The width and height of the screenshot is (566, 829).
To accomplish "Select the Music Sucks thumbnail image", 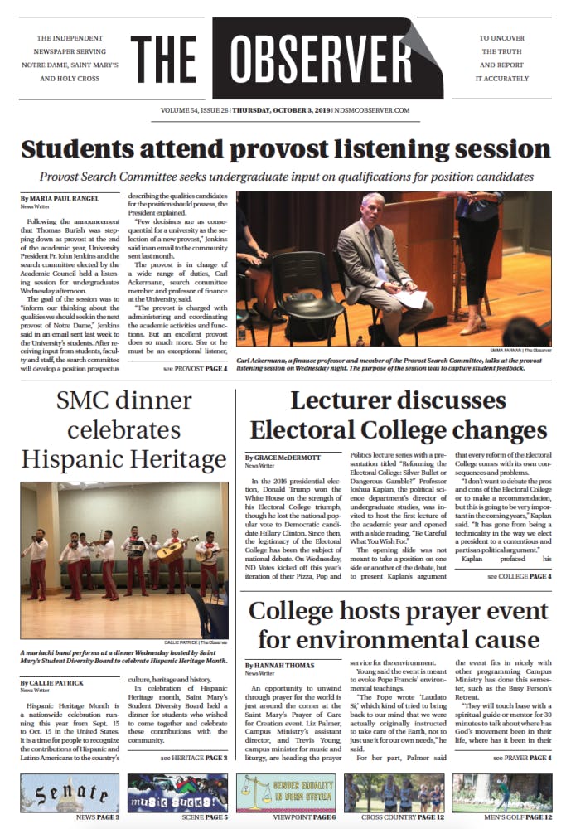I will tap(177, 793).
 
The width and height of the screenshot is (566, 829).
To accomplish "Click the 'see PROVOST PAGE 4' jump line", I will tap(195, 367).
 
